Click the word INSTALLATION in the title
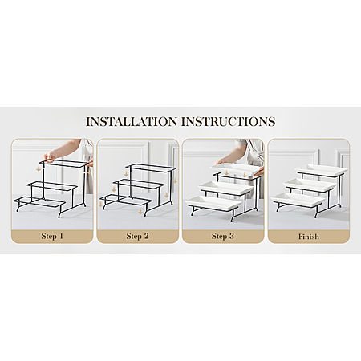coord(132,121)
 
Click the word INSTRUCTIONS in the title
coord(228,121)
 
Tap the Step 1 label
coord(52,236)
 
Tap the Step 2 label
coord(137,236)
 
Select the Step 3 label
coord(223,236)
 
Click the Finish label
coord(309,237)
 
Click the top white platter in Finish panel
coord(321,169)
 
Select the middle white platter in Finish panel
coord(310,184)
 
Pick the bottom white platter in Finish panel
coord(298,199)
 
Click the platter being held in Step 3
coord(235,168)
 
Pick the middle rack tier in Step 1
coord(51,187)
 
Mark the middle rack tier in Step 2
coord(138,185)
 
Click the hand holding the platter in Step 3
coord(221,160)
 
